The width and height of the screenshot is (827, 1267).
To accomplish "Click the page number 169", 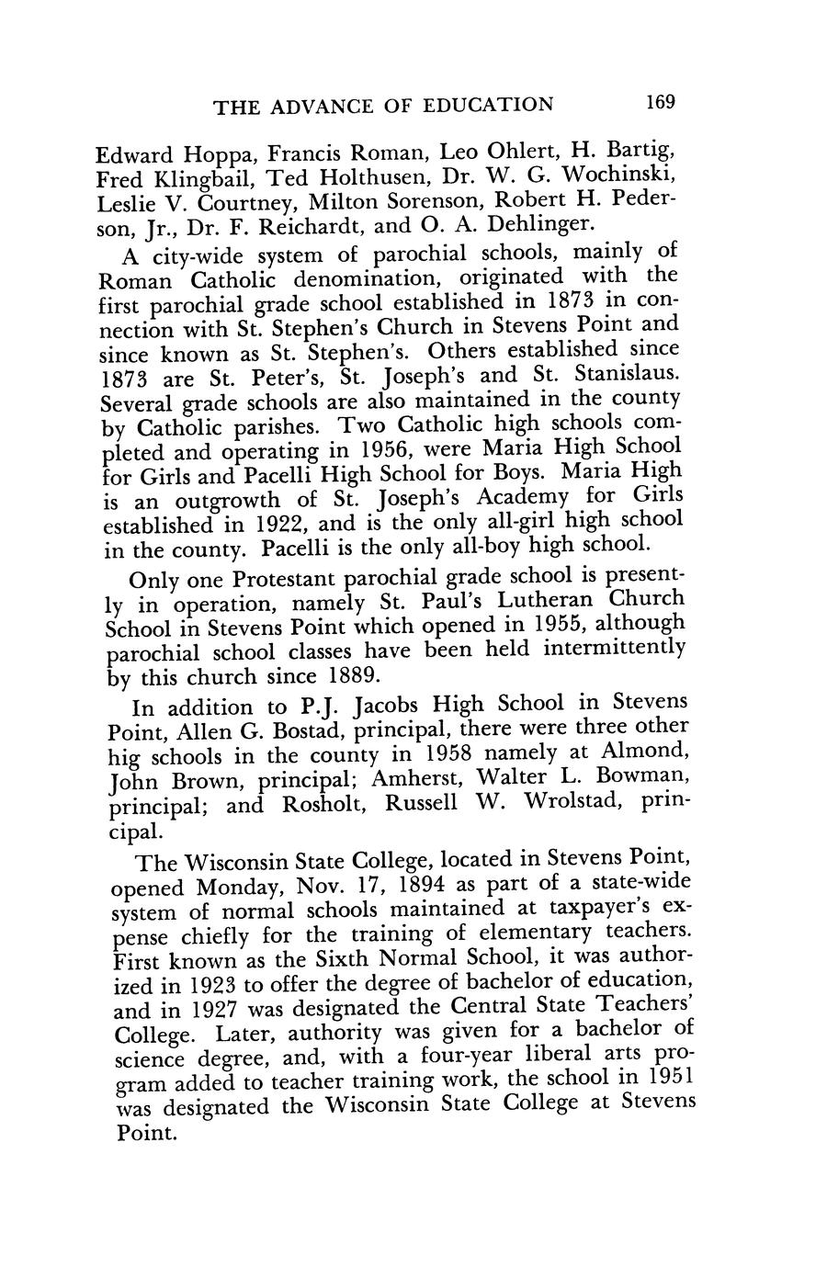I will [660, 102].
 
